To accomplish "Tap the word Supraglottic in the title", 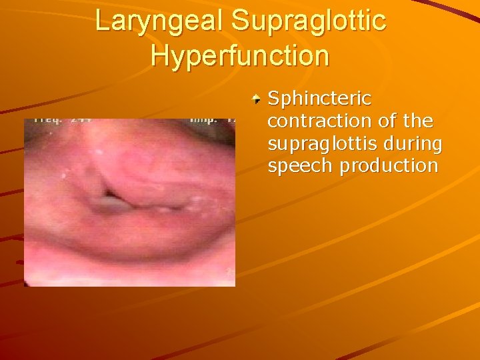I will tap(309, 21).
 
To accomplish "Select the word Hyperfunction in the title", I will tap(240, 55).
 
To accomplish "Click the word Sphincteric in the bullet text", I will tap(319, 99).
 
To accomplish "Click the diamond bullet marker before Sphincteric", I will tap(256, 100).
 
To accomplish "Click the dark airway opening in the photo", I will tap(107, 199).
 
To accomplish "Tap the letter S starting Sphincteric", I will tap(274, 99).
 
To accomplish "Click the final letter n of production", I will tap(433, 166).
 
